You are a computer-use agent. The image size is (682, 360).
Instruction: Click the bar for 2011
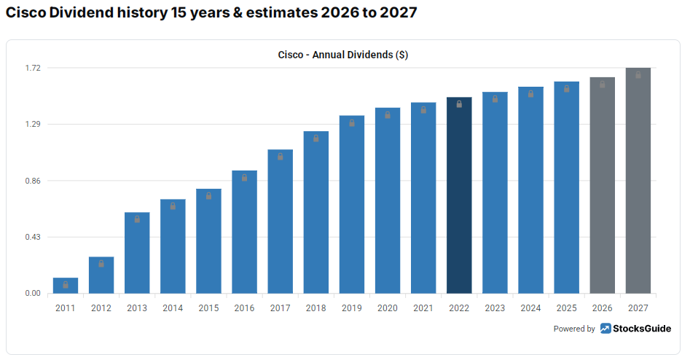66,286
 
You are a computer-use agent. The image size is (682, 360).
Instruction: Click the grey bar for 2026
602,185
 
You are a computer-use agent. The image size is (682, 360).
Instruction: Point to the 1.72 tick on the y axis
32,68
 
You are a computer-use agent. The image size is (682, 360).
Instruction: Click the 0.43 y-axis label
32,238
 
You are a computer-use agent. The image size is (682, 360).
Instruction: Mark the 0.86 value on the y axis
32,181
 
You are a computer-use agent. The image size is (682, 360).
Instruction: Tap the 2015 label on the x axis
208,308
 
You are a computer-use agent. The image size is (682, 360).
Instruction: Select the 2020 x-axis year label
388,308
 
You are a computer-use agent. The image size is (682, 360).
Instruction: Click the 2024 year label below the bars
530,308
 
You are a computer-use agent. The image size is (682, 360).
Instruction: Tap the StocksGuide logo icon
605,329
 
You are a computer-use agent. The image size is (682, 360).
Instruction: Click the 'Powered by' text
574,329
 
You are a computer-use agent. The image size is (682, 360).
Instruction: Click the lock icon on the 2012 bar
101,264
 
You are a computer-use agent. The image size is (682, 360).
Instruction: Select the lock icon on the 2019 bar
352,122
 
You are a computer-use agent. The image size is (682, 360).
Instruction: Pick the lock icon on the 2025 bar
566,88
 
